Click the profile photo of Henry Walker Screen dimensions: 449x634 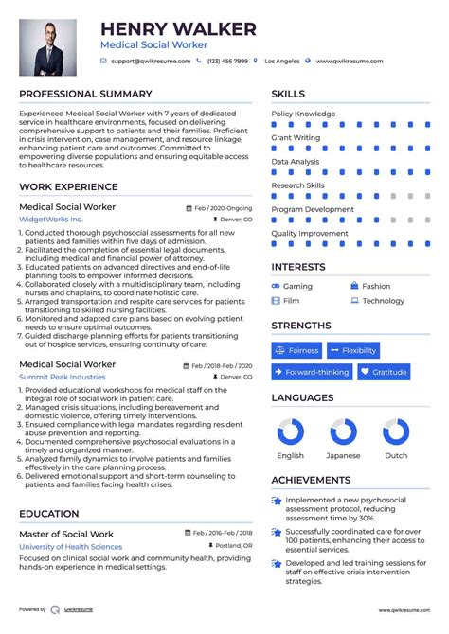[x=48, y=47]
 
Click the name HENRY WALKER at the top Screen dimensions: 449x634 [x=178, y=29]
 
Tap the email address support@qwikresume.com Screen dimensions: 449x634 [x=150, y=61]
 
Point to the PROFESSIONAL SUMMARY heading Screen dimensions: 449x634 [x=85, y=94]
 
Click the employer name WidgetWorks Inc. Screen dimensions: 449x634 [x=51, y=219]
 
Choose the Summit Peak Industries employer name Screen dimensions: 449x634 [x=63, y=377]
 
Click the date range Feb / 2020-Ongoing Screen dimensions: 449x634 [x=223, y=206]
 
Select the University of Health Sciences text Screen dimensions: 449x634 [x=70, y=547]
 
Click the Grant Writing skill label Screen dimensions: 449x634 [x=296, y=137]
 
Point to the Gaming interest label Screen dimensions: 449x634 [x=297, y=286]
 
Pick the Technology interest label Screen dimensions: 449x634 [x=383, y=301]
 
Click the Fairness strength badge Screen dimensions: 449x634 [x=296, y=350]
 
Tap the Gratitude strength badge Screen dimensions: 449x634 [x=384, y=372]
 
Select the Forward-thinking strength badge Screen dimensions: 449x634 [x=312, y=372]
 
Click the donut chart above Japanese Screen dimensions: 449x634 [x=344, y=432]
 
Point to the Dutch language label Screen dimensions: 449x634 [x=396, y=455]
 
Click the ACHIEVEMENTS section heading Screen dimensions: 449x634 [x=312, y=480]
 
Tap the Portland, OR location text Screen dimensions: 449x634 [x=230, y=546]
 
